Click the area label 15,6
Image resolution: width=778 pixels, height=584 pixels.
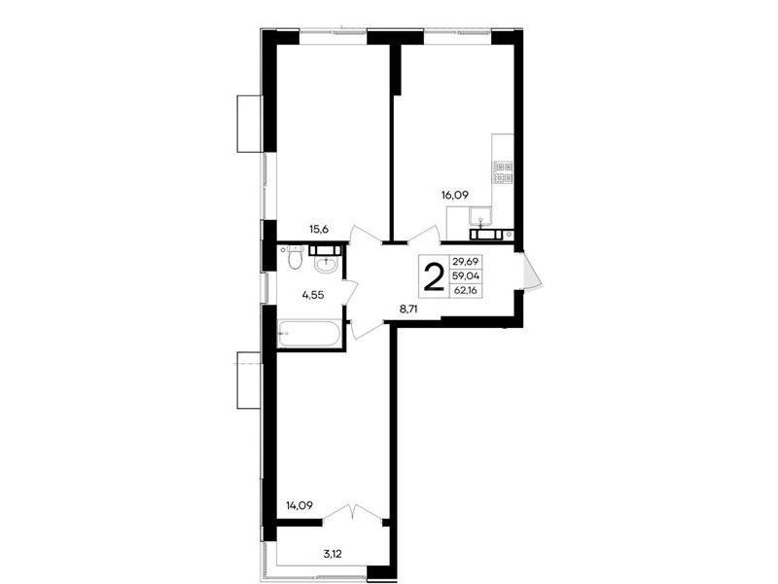coord(320,229)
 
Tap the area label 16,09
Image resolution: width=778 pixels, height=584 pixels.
coord(454,196)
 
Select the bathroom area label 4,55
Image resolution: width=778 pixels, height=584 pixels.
coord(313,295)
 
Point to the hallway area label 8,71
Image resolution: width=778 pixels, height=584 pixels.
coord(411,309)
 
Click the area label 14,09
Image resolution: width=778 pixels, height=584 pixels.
coord(299,506)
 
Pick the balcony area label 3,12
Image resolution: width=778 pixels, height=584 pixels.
coord(333,554)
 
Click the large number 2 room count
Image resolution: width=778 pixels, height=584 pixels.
coord(434,277)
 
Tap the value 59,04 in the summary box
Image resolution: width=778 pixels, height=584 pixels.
coord(466,276)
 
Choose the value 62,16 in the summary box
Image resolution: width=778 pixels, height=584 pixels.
coord(466,290)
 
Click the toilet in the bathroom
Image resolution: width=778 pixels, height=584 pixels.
coord(295,257)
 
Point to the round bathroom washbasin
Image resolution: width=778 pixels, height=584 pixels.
coord(326,264)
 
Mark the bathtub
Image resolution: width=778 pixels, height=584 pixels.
coord(308,333)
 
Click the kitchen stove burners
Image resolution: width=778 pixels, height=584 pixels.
coord(504,172)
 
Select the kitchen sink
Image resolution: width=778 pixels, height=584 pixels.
coord(480,216)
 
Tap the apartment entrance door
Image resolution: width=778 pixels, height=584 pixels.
coord(529,271)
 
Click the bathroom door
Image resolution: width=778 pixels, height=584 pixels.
coord(350,293)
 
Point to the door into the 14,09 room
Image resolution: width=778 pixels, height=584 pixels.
coord(366,330)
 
